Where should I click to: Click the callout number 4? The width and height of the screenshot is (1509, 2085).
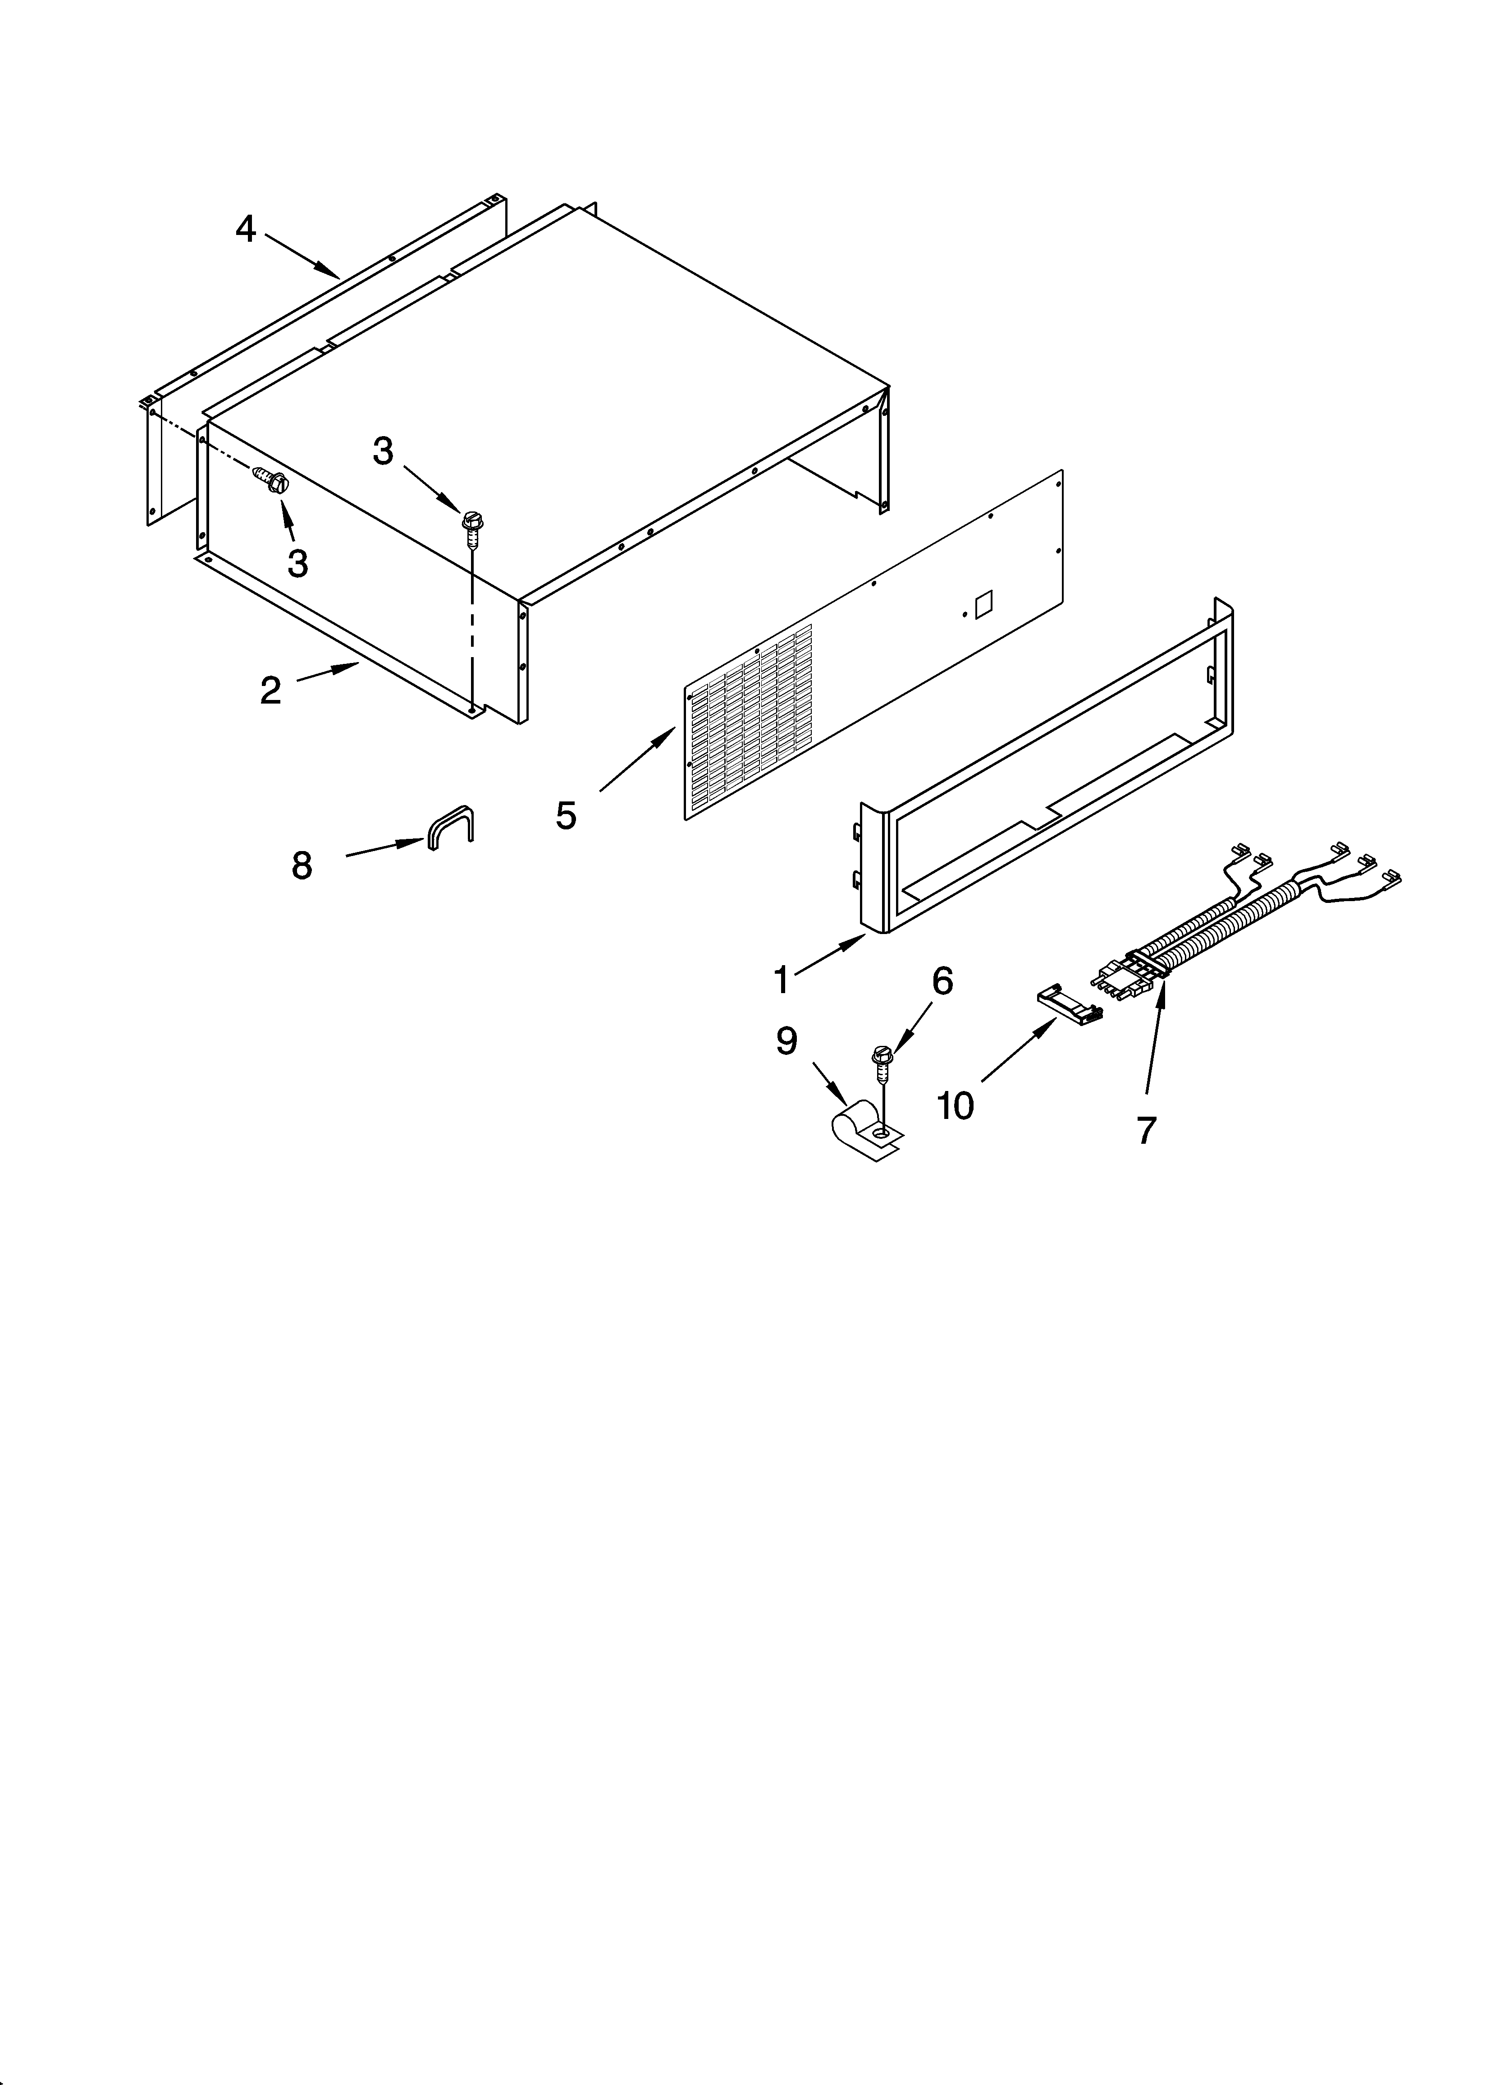(245, 228)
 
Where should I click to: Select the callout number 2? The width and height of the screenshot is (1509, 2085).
(270, 690)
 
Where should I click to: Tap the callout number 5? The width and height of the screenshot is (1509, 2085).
(566, 815)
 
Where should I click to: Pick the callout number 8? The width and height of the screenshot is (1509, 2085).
(302, 865)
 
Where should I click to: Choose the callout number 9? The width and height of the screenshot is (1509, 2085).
(786, 1040)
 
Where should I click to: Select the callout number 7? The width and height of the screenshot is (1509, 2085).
(1145, 1130)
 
